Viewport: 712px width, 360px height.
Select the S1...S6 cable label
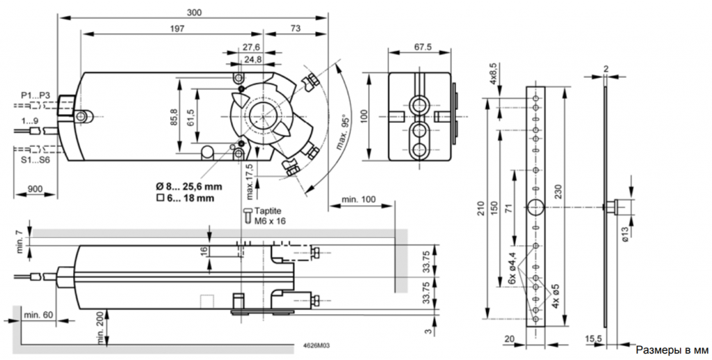point(35,160)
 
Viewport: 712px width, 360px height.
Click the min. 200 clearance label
point(101,327)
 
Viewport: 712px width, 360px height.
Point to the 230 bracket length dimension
point(560,195)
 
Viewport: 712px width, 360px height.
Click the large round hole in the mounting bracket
point(535,207)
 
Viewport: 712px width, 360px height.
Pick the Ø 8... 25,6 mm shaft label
point(189,186)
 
